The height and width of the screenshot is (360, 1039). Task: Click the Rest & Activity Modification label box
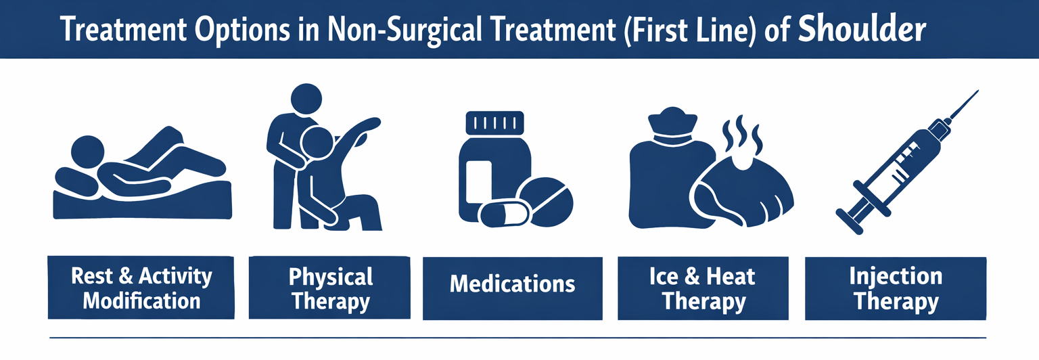coord(141,288)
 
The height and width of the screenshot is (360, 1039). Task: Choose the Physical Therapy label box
coord(329,288)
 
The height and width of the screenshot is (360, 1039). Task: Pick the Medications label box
coord(513,288)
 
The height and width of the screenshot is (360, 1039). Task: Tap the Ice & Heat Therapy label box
coord(703,288)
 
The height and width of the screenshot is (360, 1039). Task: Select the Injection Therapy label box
coord(896,288)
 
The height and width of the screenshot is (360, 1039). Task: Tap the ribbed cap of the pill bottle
coord(494,122)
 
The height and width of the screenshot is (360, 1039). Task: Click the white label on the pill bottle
coord(479,185)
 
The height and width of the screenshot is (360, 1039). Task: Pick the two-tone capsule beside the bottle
coord(504,213)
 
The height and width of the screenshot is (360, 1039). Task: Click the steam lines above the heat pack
coord(741,135)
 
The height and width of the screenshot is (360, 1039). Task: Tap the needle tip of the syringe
coord(977,91)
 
